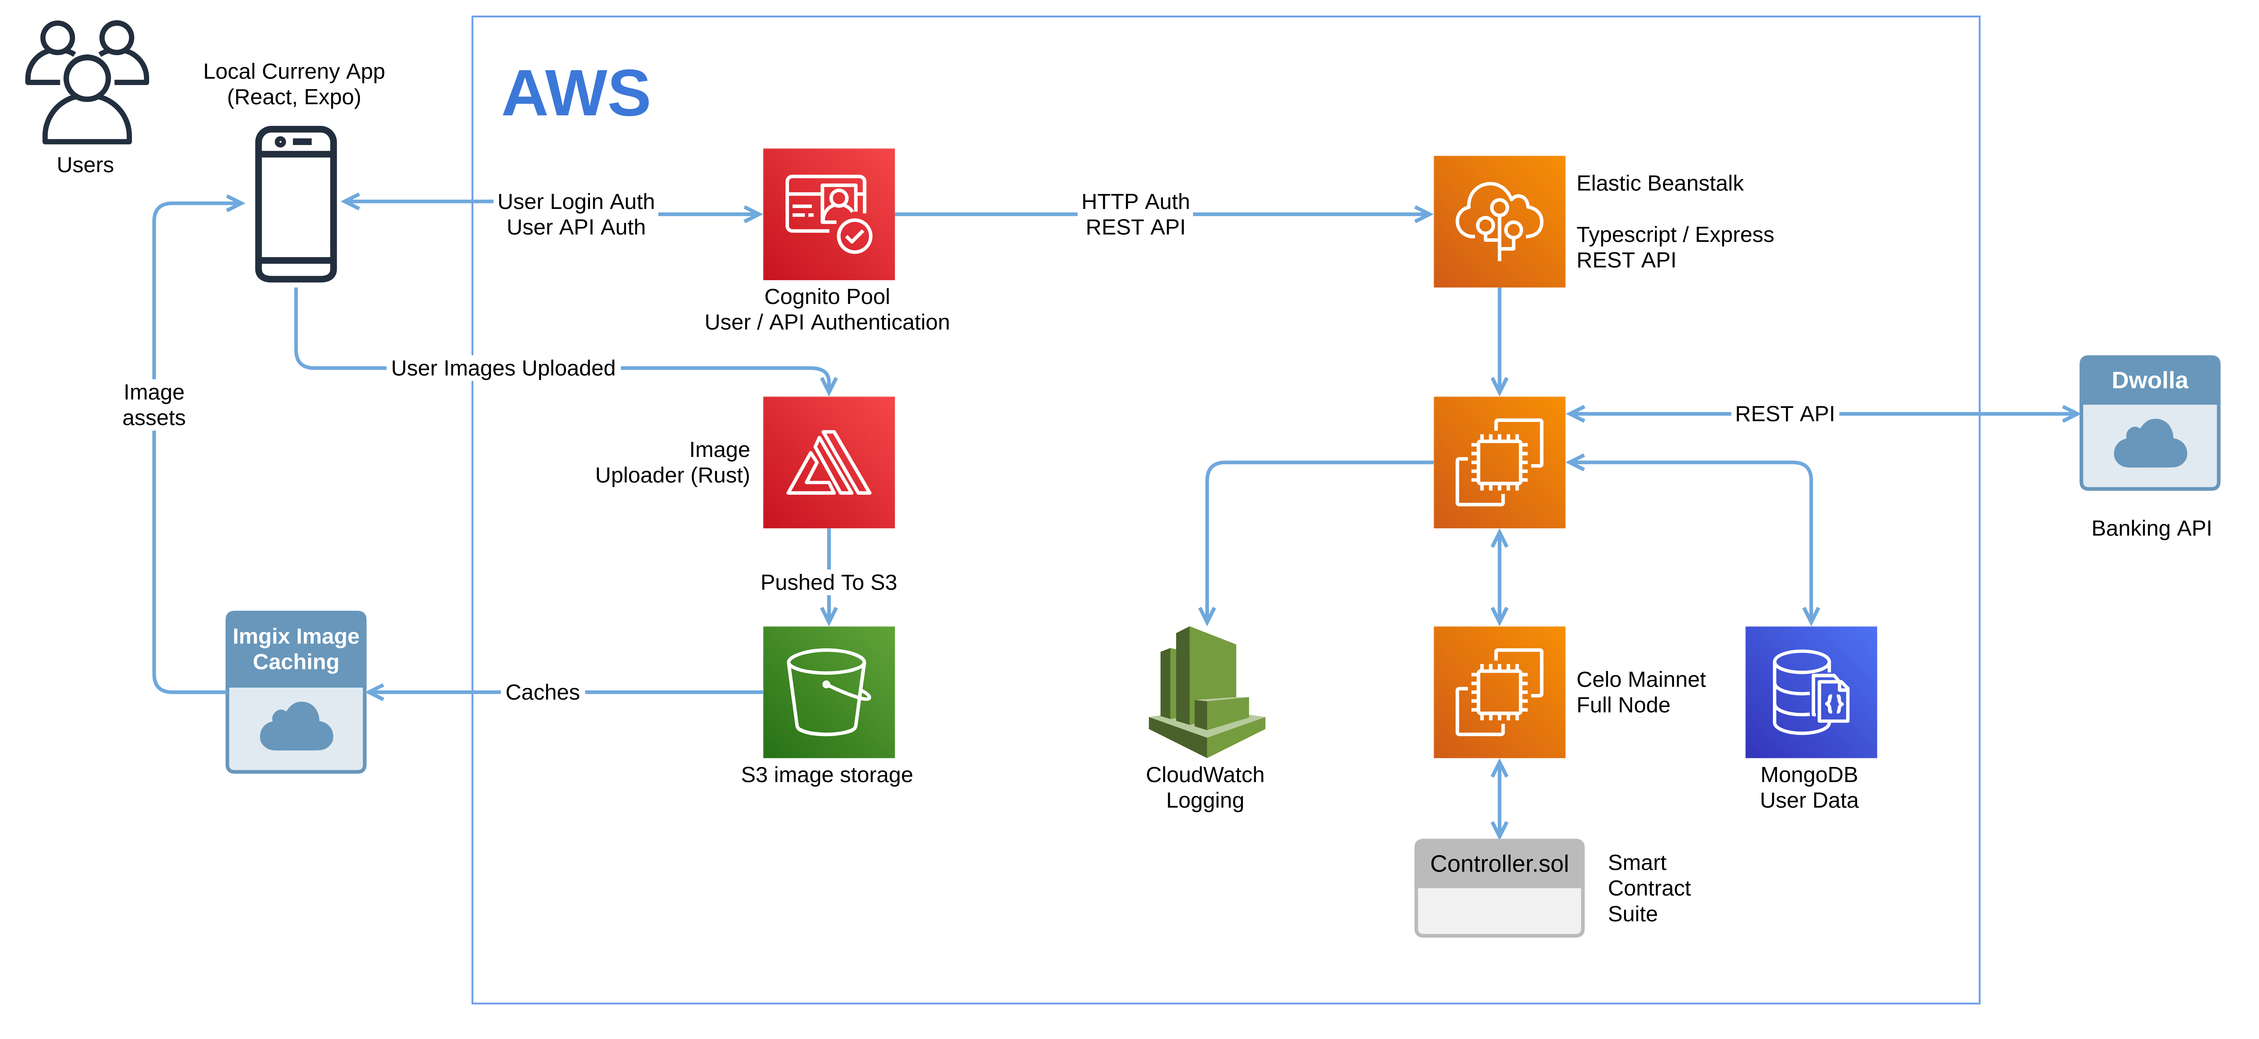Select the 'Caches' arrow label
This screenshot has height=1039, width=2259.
click(542, 692)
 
